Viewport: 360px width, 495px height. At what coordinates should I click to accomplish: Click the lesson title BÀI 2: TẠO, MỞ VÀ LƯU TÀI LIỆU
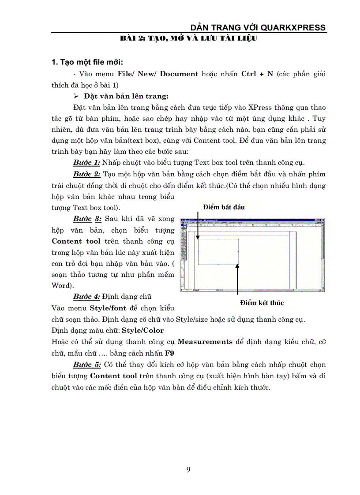[188, 39]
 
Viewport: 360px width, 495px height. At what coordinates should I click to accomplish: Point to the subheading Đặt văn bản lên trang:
[124, 96]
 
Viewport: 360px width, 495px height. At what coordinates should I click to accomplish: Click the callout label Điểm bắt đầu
[224, 207]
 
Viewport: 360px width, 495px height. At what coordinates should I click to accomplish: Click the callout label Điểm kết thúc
[262, 303]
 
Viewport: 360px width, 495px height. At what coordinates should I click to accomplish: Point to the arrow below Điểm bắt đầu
[198, 225]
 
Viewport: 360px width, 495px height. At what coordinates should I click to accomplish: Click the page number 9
[188, 469]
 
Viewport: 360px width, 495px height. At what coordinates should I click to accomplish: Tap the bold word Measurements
[205, 342]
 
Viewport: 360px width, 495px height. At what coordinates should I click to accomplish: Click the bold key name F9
[169, 353]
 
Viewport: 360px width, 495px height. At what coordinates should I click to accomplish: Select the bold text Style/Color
[142, 330]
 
